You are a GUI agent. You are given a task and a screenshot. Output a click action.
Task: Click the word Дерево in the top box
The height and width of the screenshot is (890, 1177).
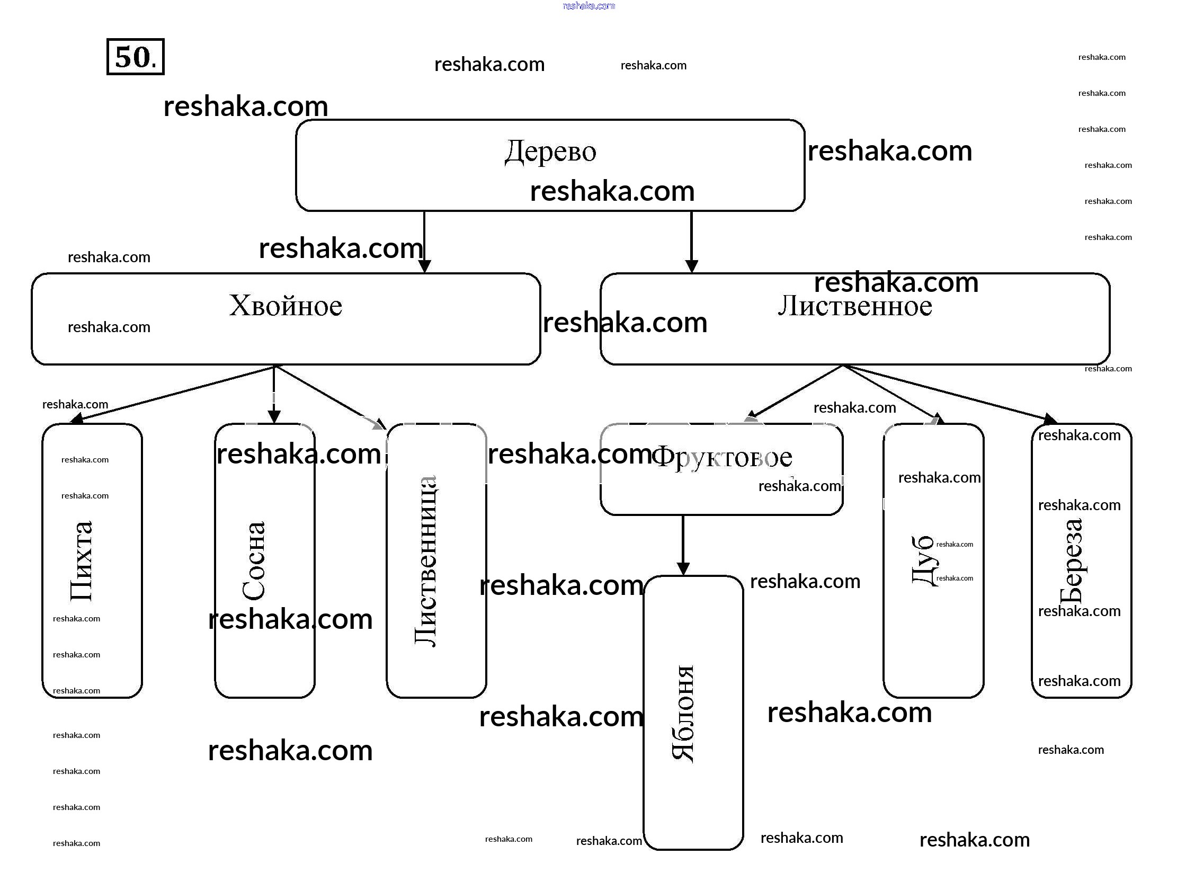(x=550, y=152)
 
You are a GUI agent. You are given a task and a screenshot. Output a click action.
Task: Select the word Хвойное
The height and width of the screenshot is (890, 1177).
(x=285, y=306)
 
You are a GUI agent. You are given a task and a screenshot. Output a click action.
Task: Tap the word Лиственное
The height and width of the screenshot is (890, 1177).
(x=854, y=307)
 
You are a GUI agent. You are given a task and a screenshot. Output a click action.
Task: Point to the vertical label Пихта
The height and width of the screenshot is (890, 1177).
(x=82, y=561)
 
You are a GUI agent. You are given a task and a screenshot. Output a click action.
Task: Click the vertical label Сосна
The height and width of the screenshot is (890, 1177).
(x=254, y=561)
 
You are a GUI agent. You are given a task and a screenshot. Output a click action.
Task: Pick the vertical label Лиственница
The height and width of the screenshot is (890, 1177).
(x=426, y=561)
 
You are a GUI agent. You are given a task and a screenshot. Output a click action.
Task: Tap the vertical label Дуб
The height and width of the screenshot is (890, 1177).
(x=923, y=561)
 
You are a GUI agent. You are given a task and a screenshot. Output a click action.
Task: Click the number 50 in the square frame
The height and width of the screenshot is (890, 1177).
(x=133, y=57)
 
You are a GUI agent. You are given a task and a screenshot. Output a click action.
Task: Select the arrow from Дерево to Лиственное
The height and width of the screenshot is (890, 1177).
(x=691, y=242)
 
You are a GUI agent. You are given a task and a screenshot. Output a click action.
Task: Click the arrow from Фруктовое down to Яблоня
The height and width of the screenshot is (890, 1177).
(x=683, y=545)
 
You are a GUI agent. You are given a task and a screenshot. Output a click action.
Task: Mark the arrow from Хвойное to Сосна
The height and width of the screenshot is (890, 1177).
(x=274, y=394)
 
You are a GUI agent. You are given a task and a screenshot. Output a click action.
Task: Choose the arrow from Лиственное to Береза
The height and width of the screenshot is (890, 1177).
(x=947, y=392)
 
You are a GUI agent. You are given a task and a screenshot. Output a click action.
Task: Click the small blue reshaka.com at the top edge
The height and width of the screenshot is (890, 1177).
(x=588, y=6)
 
